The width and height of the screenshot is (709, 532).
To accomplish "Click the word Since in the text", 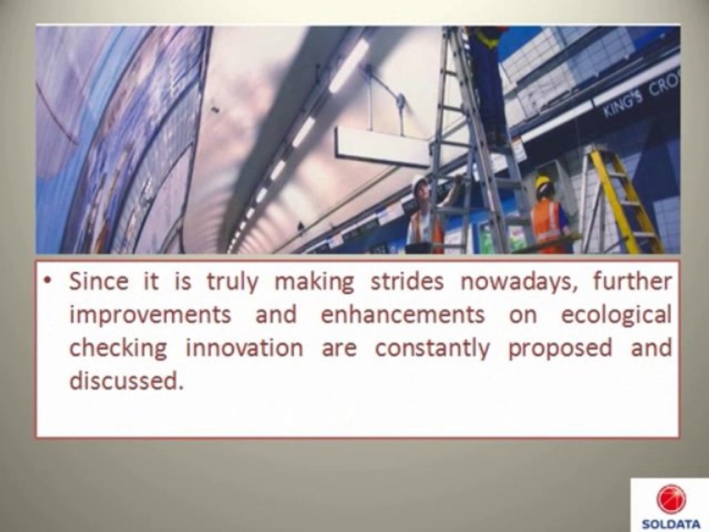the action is (x=99, y=282).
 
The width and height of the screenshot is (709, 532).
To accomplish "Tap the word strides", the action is (x=407, y=282).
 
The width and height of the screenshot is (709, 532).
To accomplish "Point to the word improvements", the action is (x=150, y=316).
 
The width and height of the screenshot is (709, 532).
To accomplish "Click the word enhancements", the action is (x=403, y=315).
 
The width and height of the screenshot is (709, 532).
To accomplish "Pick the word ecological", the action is (x=616, y=316).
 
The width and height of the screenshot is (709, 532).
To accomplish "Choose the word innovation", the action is (x=244, y=348).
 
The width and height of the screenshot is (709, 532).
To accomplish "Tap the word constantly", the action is (x=432, y=349).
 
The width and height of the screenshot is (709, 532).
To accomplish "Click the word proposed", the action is (x=561, y=349).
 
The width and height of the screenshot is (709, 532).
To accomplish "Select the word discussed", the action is (x=126, y=381).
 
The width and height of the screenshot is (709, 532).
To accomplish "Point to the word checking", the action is (x=118, y=349).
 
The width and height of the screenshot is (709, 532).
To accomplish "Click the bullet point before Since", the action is (x=47, y=281).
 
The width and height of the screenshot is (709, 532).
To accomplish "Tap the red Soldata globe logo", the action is (x=671, y=499).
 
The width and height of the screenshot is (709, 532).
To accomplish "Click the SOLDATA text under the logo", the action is (x=671, y=523).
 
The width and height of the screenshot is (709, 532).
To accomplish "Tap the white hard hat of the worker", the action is (x=420, y=183).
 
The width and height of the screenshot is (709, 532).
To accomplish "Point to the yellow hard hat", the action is (x=543, y=182).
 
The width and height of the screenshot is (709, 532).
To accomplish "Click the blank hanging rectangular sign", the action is (x=382, y=147).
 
